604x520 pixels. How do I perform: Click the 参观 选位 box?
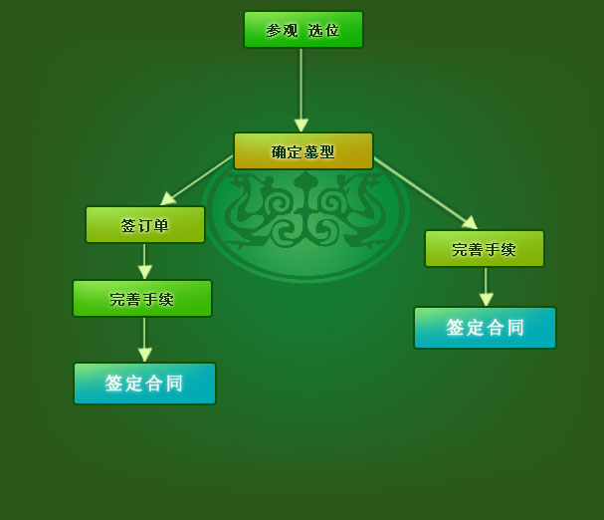(302, 30)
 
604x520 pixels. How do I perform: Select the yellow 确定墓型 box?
(302, 151)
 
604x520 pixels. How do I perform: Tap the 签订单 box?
(145, 225)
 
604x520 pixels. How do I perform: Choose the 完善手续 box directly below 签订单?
(142, 299)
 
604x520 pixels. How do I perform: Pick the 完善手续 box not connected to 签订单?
(485, 249)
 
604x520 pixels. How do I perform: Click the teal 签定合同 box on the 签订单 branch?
(144, 384)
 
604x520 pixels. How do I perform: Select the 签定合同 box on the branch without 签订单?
(485, 328)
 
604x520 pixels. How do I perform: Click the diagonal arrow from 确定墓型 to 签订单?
(197, 180)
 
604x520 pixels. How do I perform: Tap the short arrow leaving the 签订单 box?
(144, 260)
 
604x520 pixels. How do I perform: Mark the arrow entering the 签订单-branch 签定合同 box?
(144, 339)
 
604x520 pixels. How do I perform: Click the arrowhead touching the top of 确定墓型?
(301, 126)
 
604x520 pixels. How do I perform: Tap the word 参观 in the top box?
(282, 31)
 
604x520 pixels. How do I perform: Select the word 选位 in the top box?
(323, 31)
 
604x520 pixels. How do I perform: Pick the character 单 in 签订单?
(161, 226)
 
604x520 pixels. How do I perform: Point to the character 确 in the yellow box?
(279, 152)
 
